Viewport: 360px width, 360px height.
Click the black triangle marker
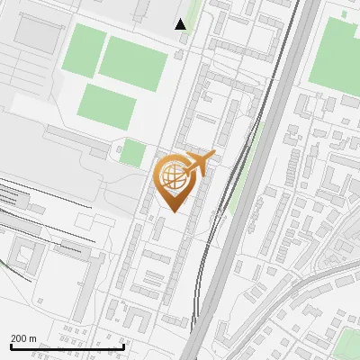181,24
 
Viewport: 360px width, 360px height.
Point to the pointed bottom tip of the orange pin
174,210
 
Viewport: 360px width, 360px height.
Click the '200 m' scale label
23,338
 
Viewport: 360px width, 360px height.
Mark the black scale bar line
67,346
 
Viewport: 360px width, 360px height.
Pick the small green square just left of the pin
132,153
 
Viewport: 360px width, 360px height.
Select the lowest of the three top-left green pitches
106,105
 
